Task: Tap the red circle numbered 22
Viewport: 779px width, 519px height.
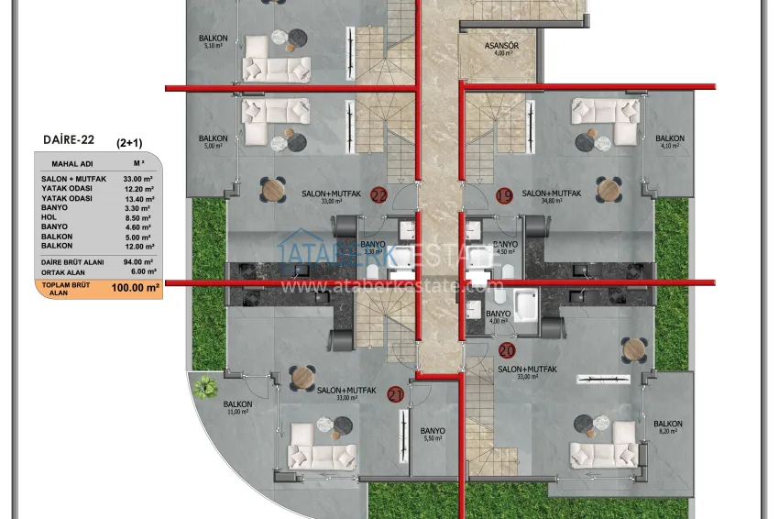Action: pyautogui.click(x=379, y=194)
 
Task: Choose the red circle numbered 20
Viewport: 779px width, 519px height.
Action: pyautogui.click(x=507, y=350)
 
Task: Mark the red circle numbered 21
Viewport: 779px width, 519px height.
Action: pyautogui.click(x=396, y=395)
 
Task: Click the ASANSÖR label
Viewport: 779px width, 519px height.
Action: pyautogui.click(x=501, y=49)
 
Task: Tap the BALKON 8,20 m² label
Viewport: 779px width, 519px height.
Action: pyautogui.click(x=670, y=426)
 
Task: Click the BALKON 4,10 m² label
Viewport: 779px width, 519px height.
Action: pyautogui.click(x=670, y=142)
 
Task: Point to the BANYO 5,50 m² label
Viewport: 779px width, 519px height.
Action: pyautogui.click(x=433, y=434)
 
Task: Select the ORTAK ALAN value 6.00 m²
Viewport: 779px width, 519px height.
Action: pyautogui.click(x=142, y=272)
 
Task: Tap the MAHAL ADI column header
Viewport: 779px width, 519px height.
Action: pyautogui.click(x=69, y=163)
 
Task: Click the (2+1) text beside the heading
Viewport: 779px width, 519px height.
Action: pyautogui.click(x=128, y=144)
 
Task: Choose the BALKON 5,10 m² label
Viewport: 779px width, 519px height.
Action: pyautogui.click(x=213, y=41)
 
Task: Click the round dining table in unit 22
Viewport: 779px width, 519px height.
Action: pyautogui.click(x=273, y=190)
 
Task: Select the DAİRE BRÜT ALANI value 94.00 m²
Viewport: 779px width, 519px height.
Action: pyautogui.click(x=142, y=262)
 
